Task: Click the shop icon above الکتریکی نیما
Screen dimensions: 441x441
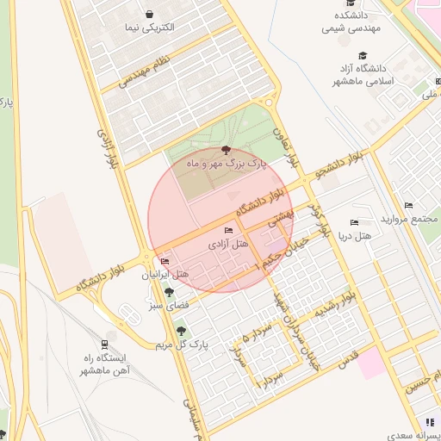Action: pyautogui.click(x=150, y=15)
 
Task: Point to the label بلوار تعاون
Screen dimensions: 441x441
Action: pyautogui.click(x=293, y=148)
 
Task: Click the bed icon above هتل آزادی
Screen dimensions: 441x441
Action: pyautogui.click(x=227, y=231)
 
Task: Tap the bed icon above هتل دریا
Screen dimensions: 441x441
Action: pyautogui.click(x=354, y=223)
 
